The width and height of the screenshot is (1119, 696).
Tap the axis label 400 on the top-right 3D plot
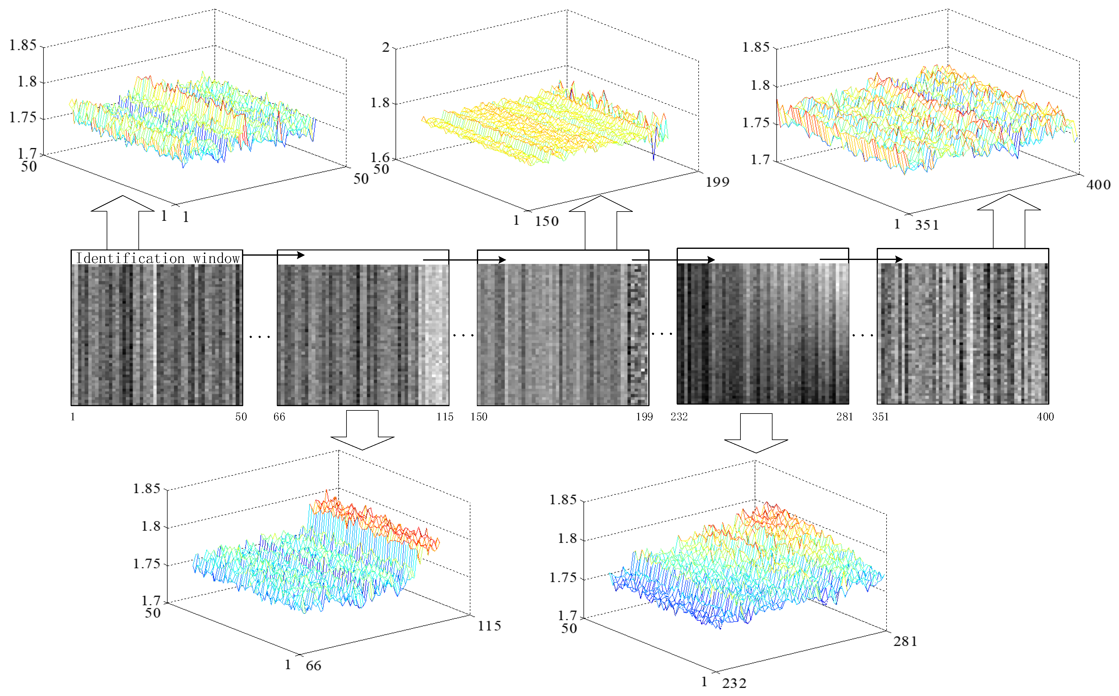click(x=1098, y=185)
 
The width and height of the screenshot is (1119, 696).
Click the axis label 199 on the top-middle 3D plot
click(x=717, y=182)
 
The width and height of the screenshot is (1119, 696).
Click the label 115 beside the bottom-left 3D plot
click(x=489, y=626)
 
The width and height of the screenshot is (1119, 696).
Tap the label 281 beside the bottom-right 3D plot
click(x=905, y=641)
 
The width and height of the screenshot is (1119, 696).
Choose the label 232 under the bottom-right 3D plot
click(x=734, y=683)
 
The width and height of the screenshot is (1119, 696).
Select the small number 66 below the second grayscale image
click(x=279, y=417)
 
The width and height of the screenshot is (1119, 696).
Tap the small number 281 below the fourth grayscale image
click(x=844, y=417)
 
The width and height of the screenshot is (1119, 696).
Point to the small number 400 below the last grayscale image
click(x=1045, y=417)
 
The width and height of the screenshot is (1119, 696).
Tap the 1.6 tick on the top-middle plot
click(x=380, y=158)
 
